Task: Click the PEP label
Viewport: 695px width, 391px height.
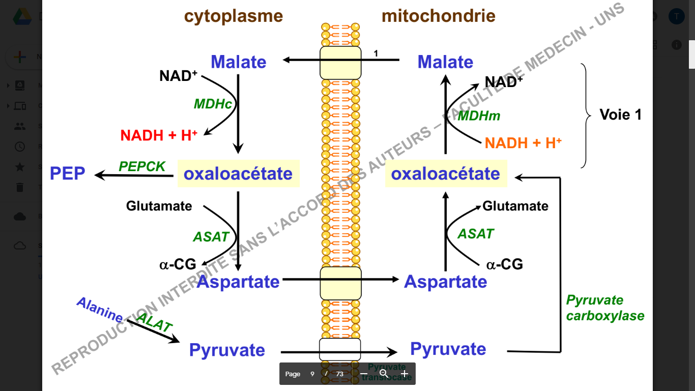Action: [68, 174]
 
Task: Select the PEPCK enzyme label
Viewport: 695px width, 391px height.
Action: [142, 166]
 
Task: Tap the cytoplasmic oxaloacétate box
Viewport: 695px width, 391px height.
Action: [238, 174]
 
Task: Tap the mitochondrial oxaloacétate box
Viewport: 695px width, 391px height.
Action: [445, 174]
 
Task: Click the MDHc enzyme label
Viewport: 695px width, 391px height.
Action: [213, 104]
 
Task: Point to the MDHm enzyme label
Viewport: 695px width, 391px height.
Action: [479, 116]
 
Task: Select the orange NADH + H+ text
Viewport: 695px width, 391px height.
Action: [523, 143]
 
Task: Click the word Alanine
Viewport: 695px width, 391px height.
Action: [100, 310]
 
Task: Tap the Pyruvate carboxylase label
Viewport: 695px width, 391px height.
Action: [605, 308]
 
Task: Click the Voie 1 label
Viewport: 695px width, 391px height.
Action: [621, 115]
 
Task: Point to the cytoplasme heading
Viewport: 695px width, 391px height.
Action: [234, 16]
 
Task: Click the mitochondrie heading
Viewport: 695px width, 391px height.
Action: [439, 16]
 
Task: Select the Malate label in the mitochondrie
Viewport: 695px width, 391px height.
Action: [445, 62]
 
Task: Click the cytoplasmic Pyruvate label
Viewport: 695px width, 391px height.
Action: [227, 350]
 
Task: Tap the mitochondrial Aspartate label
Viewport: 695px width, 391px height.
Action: [445, 282]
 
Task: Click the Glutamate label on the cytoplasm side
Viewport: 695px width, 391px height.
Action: [159, 206]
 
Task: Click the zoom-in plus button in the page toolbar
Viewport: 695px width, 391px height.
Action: [404, 374]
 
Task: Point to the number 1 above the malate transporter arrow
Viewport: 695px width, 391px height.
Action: [376, 53]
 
